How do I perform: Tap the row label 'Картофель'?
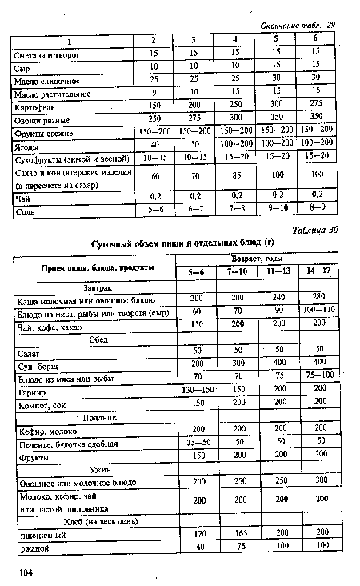37,105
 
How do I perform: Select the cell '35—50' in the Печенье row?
196,442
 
